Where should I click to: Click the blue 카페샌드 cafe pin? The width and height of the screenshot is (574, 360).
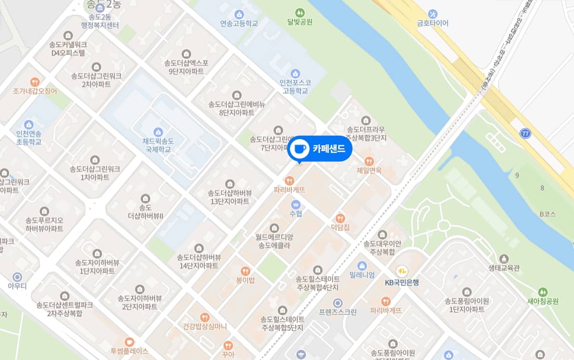320,149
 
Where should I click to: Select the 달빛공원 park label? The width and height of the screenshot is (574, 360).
300,22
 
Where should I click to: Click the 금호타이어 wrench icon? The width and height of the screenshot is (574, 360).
433,13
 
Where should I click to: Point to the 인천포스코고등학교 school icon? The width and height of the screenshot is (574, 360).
295,74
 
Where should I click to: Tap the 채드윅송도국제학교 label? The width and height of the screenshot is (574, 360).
158,145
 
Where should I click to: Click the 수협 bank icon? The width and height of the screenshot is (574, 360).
296,204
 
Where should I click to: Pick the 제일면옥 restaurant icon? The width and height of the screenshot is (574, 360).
369,161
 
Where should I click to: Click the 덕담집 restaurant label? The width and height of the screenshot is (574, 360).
340,227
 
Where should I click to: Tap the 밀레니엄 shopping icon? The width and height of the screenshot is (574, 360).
362,266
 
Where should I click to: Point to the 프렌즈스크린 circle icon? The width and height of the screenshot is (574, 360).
338,303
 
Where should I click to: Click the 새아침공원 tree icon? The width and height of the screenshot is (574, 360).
543,292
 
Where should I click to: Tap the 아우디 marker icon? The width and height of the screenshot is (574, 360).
18,277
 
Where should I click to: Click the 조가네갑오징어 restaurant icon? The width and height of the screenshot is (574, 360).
35,82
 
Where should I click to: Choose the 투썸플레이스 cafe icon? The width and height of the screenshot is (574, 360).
129,342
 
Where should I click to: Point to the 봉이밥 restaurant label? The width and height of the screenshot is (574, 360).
245,280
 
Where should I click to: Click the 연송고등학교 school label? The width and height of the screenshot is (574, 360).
239,23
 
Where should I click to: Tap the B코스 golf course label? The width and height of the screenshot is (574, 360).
548,214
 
